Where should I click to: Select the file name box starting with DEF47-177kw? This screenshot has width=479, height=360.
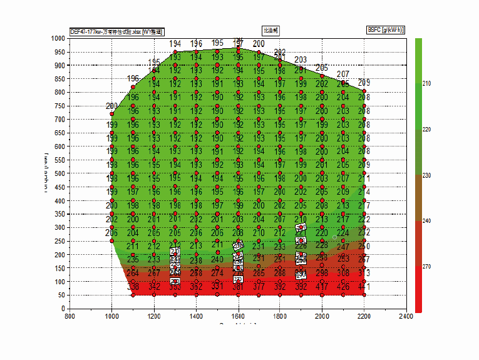point(117,31)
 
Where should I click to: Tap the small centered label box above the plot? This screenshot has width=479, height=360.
point(270,29)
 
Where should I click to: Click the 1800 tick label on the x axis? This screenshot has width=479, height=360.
point(280,316)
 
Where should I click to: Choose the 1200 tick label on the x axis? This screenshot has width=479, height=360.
point(154,316)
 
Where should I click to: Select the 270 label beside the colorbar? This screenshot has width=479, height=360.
point(427,267)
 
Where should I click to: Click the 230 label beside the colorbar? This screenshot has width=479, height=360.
point(427,175)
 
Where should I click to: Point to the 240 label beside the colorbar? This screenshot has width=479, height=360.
point(427,221)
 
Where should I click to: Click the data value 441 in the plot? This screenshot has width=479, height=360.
point(364,287)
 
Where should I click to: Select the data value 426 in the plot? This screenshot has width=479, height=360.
point(343,287)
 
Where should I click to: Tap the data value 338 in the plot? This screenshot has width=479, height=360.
point(133,287)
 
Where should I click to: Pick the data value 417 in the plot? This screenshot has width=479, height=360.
point(322,287)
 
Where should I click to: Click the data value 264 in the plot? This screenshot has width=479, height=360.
point(133,273)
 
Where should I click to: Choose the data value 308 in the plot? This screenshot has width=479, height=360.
point(343,273)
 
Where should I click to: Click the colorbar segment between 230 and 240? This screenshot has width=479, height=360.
point(418,198)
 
